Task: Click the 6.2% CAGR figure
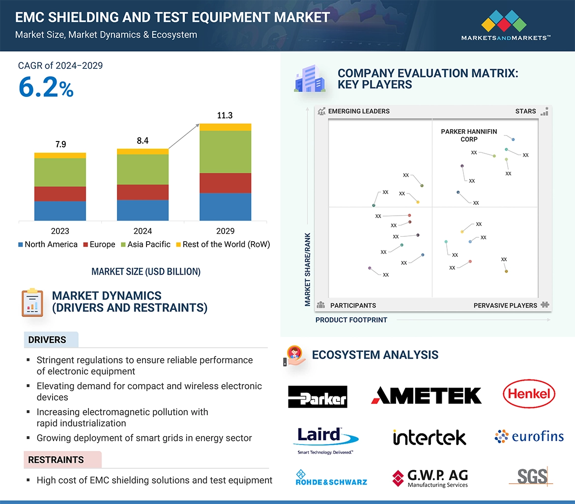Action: [46, 87]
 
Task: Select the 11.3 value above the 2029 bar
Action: [225, 115]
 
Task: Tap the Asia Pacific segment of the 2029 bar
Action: [225, 152]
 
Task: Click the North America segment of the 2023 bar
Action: [60, 210]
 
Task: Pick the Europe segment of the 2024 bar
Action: [143, 192]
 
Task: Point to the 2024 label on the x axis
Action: [143, 231]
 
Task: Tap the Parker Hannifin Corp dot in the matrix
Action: [513, 140]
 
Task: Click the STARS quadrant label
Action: [525, 111]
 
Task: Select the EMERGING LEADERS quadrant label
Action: [358, 111]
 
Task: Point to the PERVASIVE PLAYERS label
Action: [505, 305]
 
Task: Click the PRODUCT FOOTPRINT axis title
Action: [351, 320]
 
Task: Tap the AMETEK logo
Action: [426, 395]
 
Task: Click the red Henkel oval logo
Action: [529, 394]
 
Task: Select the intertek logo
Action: [429, 437]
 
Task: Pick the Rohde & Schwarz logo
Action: [331, 477]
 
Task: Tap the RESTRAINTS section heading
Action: [56, 460]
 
